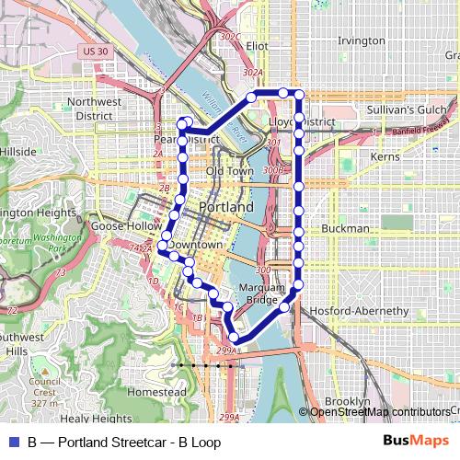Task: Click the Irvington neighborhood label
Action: [361, 41]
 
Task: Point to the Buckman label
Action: [346, 228]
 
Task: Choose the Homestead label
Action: [150, 391]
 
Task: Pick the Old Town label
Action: [229, 171]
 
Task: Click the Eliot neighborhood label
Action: [257, 44]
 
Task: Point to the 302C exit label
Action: [231, 37]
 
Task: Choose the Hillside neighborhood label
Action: [18, 150]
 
